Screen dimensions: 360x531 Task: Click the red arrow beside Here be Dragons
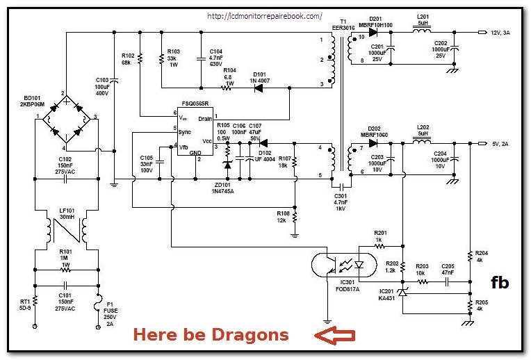(335, 336)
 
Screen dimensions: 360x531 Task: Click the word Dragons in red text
(252, 335)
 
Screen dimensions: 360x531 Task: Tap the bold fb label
(499, 282)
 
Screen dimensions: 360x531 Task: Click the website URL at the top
(265, 15)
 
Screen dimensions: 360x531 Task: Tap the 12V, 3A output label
(505, 32)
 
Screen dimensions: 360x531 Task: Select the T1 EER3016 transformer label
(343, 24)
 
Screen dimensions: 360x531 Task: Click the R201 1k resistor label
(380, 236)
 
